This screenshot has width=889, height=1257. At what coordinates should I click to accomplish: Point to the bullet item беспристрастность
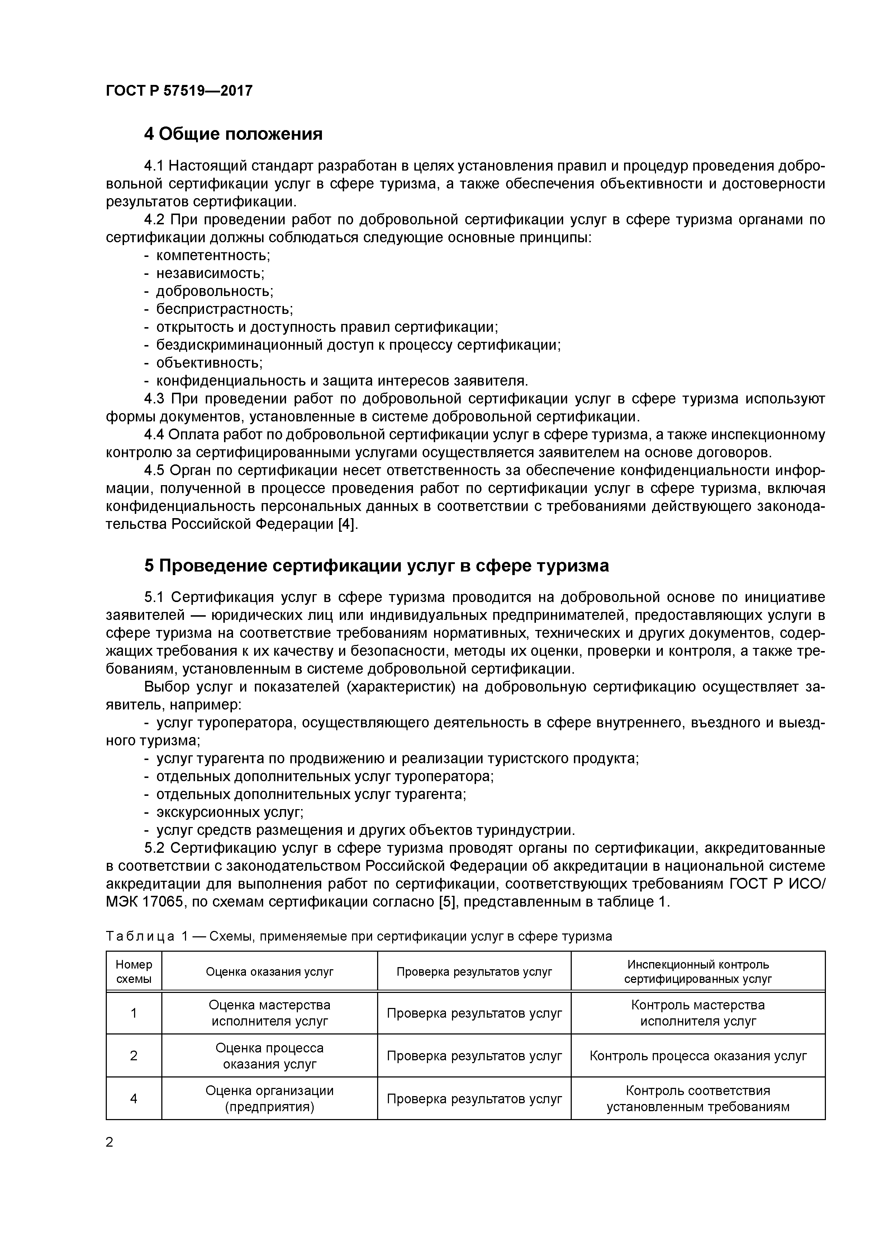pyautogui.click(x=224, y=309)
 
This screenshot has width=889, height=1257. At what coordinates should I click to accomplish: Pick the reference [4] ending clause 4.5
pyautogui.click(x=347, y=524)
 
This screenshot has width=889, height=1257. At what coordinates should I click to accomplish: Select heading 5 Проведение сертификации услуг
pyautogui.click(x=376, y=565)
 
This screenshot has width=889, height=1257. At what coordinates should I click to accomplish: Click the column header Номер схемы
pyautogui.click(x=134, y=971)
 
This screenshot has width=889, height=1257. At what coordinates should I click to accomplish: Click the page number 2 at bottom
pyautogui.click(x=110, y=1142)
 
